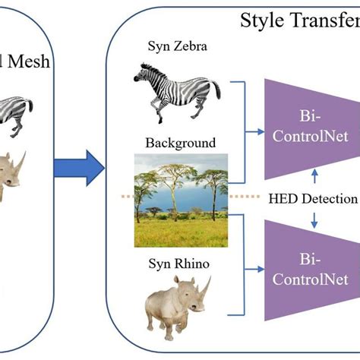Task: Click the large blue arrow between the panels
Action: click(80, 168)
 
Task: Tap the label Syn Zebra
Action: click(178, 46)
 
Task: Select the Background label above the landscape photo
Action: click(181, 143)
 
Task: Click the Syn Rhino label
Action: click(179, 264)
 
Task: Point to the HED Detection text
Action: click(313, 199)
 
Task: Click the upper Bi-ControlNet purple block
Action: click(312, 129)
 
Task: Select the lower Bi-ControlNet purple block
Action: click(312, 270)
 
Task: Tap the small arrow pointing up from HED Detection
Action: click(314, 175)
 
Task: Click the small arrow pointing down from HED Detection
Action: click(314, 220)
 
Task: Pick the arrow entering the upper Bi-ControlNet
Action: click(254, 131)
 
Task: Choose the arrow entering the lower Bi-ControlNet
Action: click(254, 269)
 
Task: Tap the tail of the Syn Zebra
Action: click(216, 89)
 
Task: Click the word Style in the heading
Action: click(263, 21)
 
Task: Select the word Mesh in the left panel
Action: click(29, 62)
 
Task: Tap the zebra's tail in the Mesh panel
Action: click(30, 106)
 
